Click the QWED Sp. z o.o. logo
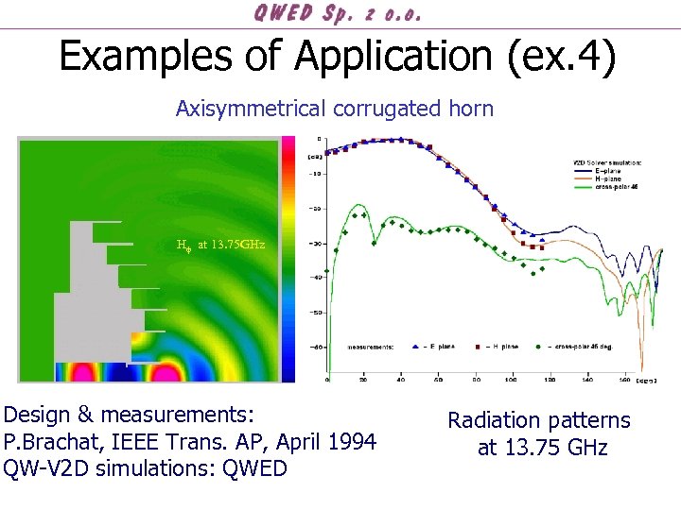click(x=337, y=13)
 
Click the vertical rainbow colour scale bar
click(x=288, y=260)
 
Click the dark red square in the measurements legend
click(x=479, y=347)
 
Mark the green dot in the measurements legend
click(x=537, y=347)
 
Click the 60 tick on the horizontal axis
click(x=438, y=382)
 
